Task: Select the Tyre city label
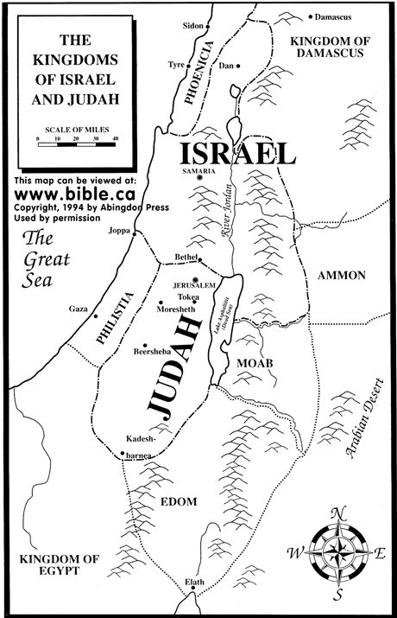[177, 65]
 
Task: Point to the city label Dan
[227, 66]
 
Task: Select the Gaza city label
[79, 309]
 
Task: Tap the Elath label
[197, 583]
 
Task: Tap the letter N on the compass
[338, 511]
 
